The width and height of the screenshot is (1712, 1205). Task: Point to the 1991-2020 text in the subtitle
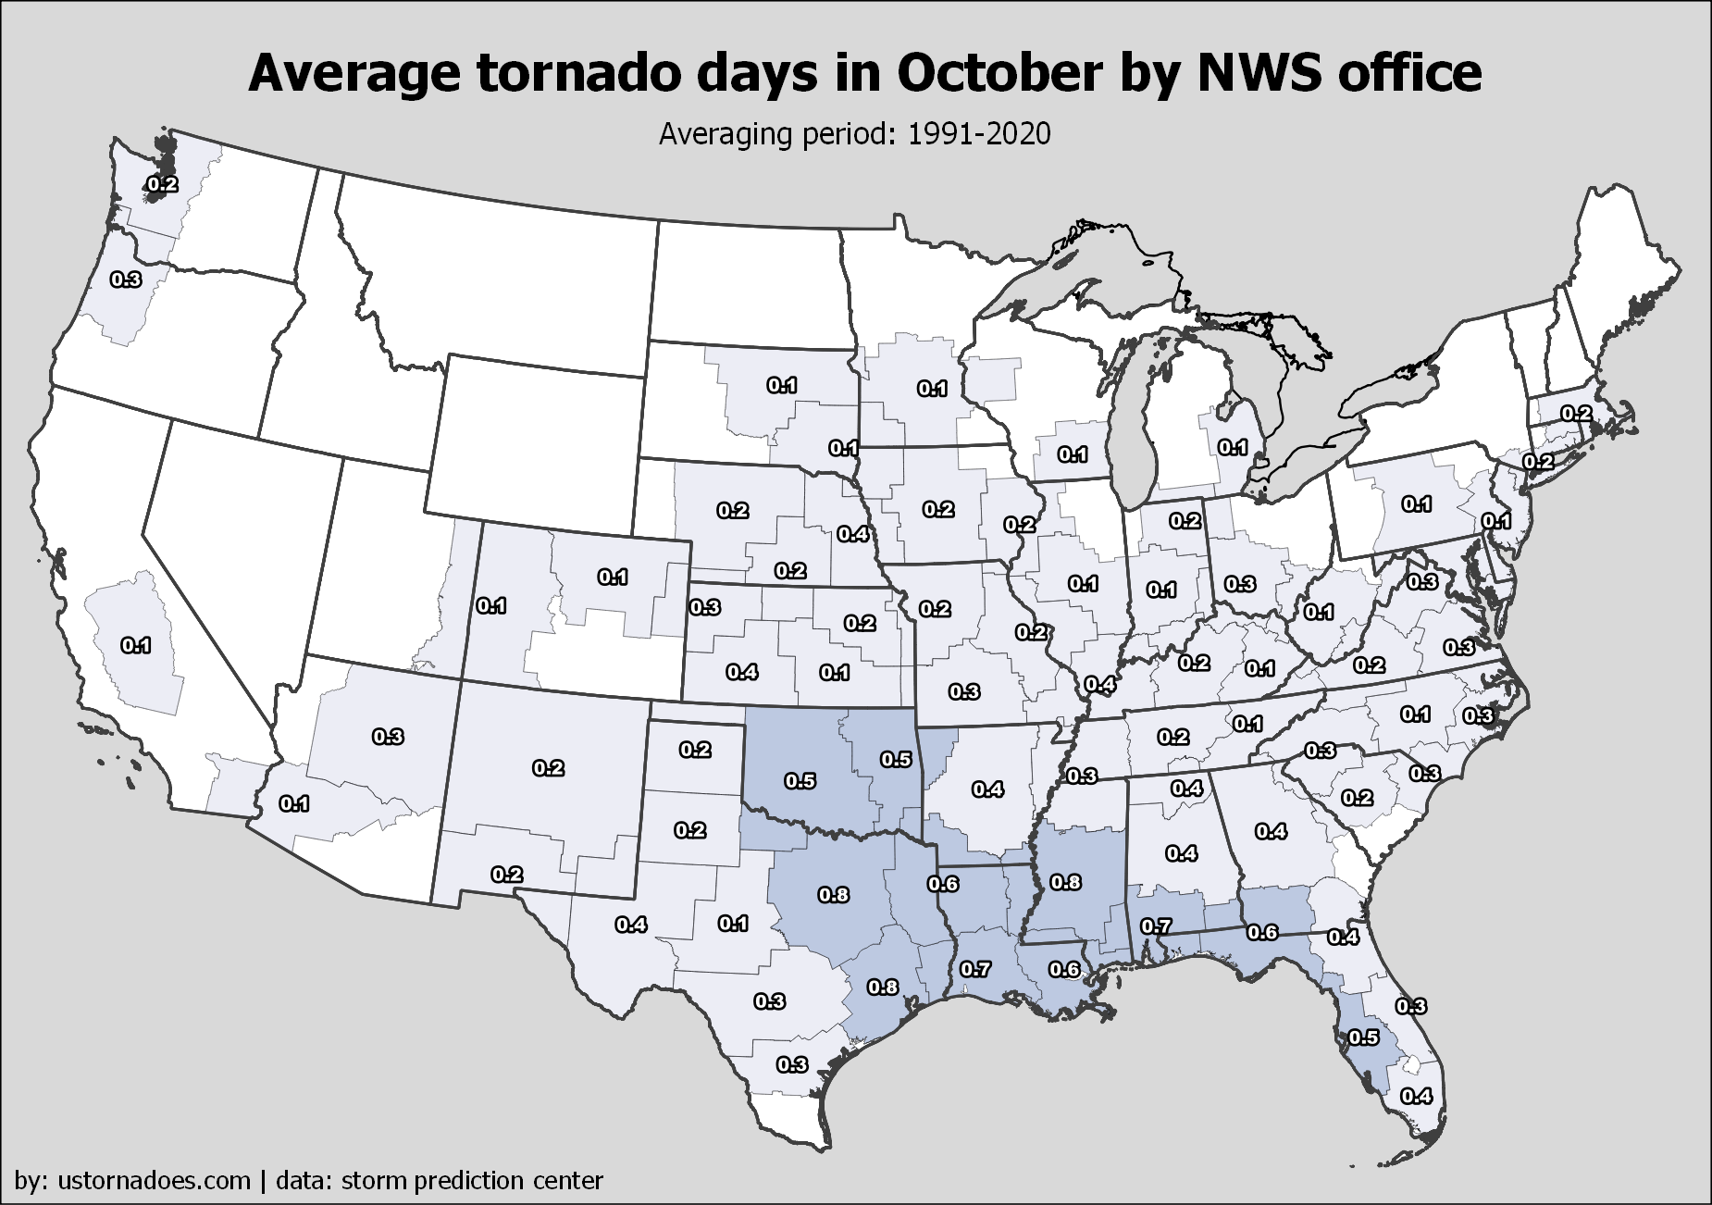pos(979,134)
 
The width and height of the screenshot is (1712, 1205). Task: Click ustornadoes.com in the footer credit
pos(154,1180)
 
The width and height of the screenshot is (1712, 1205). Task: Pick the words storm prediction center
pos(472,1180)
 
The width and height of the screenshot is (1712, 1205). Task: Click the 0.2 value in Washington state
pos(162,184)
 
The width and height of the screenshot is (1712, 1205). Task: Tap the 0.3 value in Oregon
pos(125,278)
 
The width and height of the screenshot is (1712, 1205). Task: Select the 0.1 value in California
pos(136,645)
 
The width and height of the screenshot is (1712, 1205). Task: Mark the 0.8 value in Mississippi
pos(1066,882)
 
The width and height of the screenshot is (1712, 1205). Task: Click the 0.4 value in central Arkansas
pos(988,789)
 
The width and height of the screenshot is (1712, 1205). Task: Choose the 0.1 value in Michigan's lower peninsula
pos(1233,447)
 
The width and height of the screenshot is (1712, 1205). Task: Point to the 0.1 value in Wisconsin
pos(1073,453)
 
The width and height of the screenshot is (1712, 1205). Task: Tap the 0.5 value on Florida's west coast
pos(1363,1037)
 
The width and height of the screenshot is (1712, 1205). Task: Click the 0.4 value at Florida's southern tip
pos(1417,1096)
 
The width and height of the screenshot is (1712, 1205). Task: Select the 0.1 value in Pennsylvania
pos(1417,503)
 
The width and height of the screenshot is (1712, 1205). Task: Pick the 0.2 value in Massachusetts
pos(1577,413)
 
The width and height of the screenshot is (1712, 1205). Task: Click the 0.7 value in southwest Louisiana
pos(975,969)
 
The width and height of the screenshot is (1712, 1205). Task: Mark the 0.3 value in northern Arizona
pos(388,737)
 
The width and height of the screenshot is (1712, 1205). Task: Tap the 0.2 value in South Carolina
pos(1358,797)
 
